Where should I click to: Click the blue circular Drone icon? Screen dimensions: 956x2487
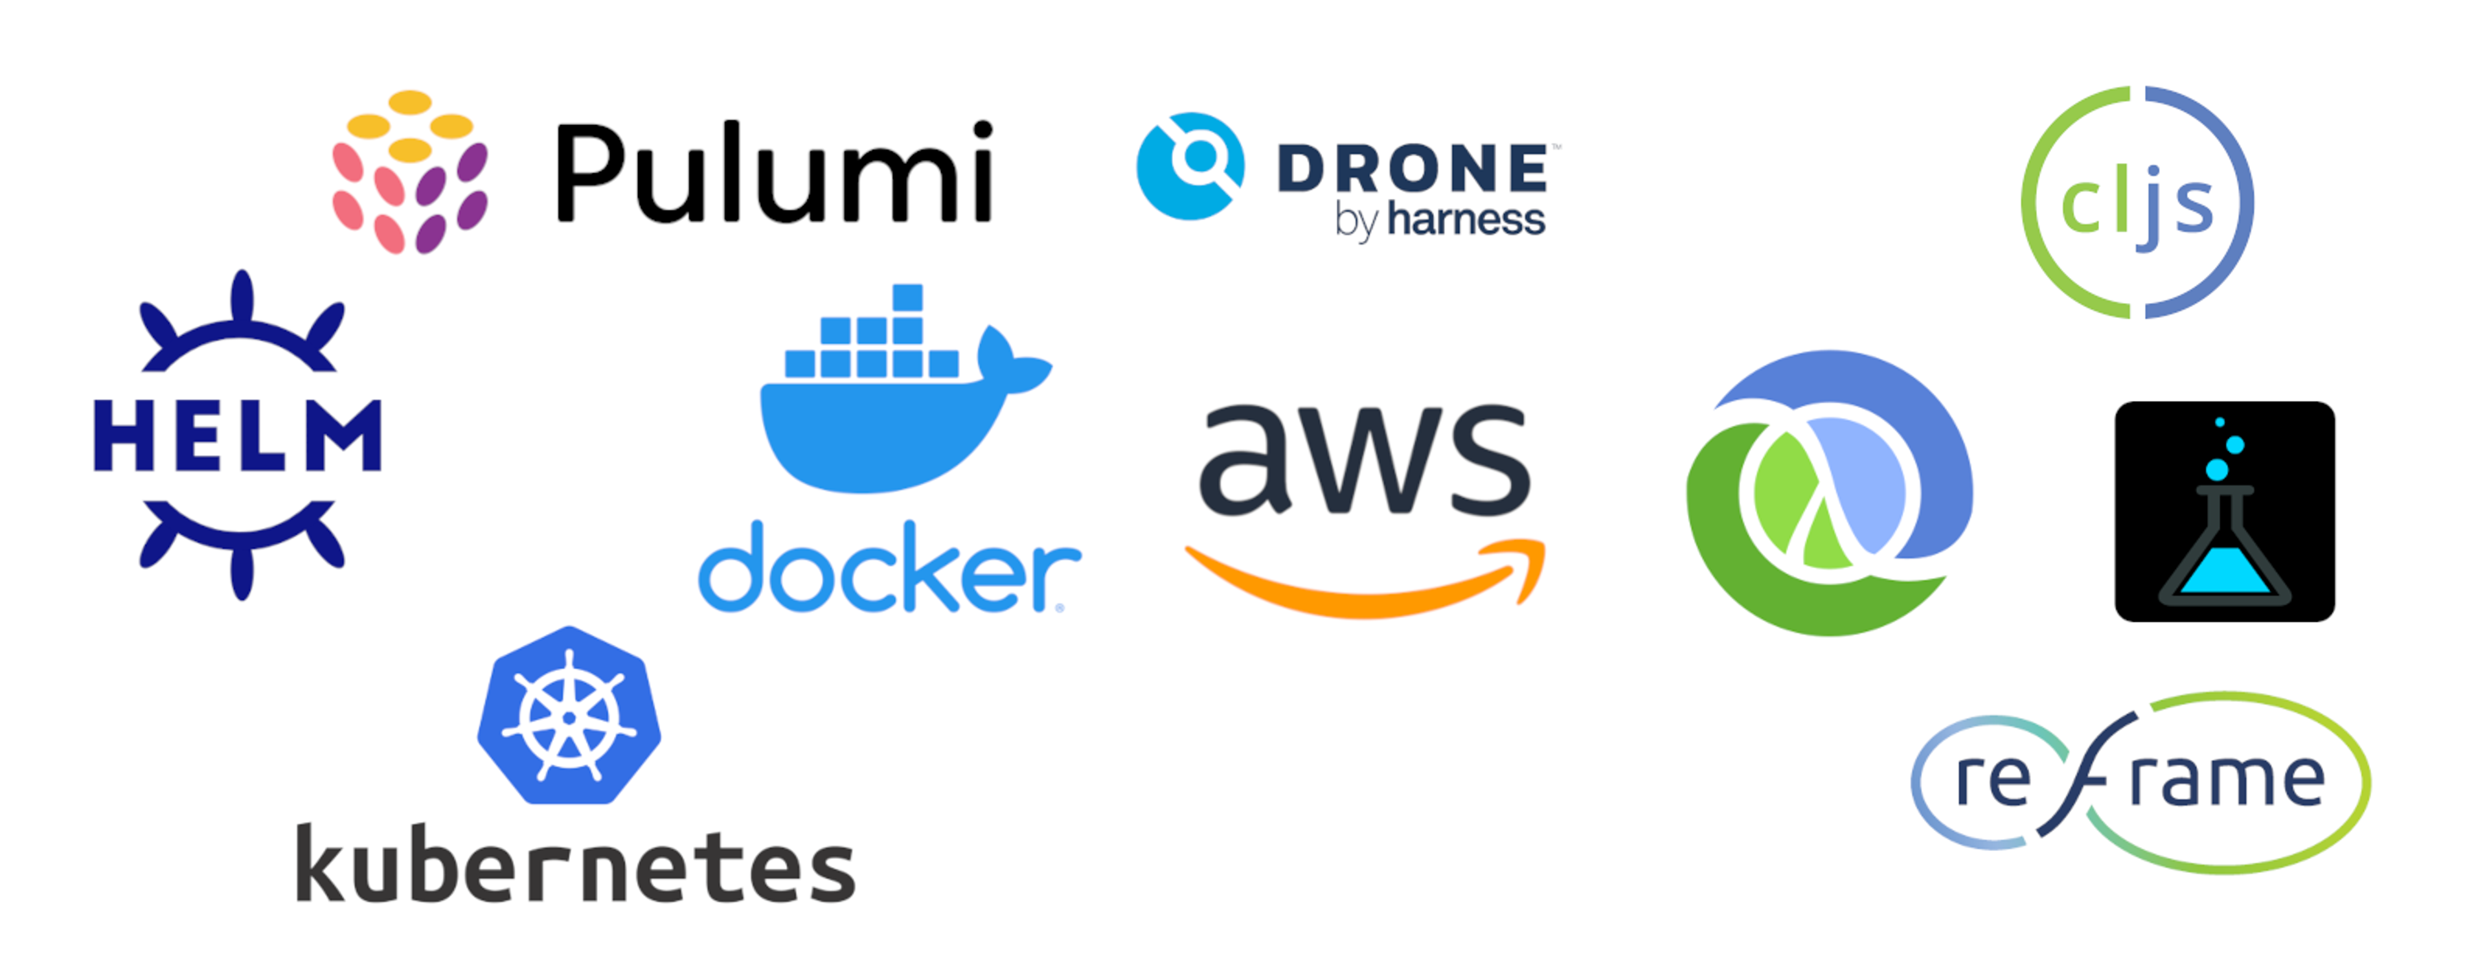click(x=1190, y=166)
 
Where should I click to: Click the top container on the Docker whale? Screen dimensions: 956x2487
click(x=907, y=297)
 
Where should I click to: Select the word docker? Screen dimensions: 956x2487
click(x=888, y=570)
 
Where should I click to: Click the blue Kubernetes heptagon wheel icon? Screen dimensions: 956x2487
click(x=569, y=716)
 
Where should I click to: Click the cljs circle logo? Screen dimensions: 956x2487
click(x=2137, y=203)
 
